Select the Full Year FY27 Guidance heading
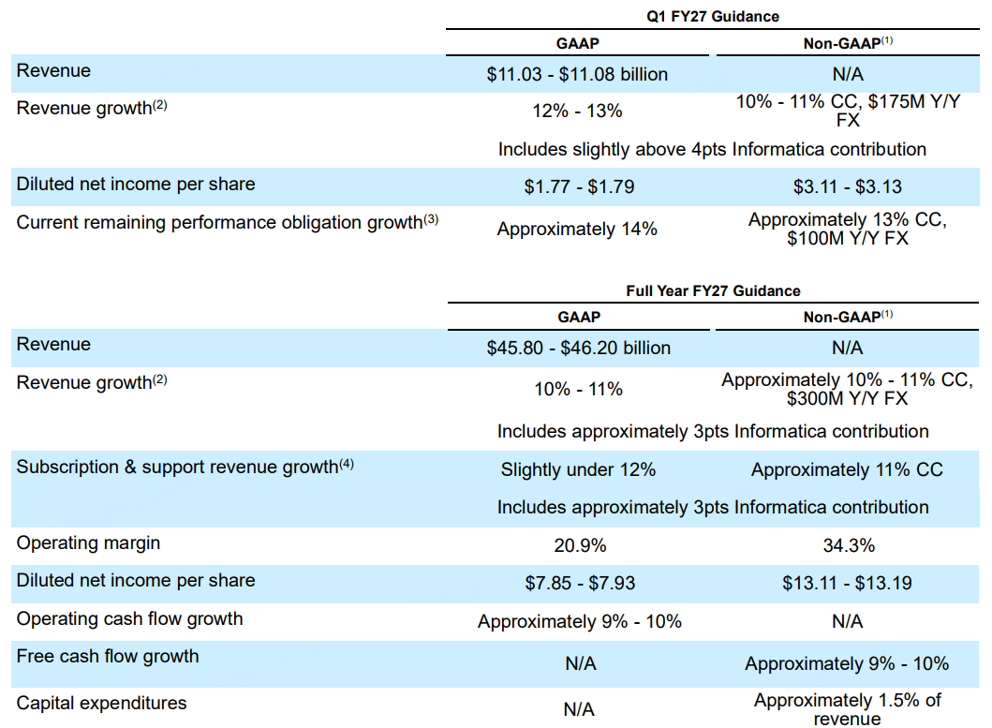coord(714,290)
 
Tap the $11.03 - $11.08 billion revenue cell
coord(577,74)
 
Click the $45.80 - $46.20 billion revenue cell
coord(578,349)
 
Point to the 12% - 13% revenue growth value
coord(577,111)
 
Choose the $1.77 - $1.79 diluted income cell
coord(579,186)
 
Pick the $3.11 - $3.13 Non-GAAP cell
coord(847,186)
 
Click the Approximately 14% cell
coord(577,229)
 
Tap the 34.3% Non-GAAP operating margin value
coord(847,545)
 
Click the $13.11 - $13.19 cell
coord(847,583)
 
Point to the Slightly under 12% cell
coord(578,469)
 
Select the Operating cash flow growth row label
coord(129,618)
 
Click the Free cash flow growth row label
coord(108,656)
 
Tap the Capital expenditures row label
coord(101,703)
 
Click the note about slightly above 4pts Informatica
coord(712,149)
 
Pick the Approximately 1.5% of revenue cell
coord(847,709)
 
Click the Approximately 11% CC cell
coord(847,469)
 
